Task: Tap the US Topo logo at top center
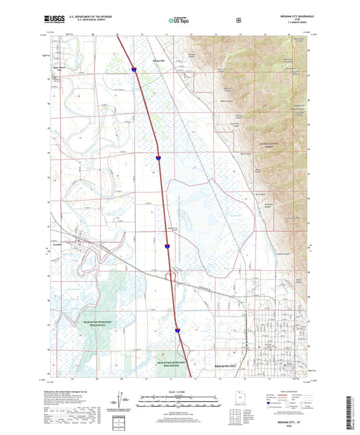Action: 179,21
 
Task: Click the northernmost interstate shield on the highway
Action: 134,68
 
